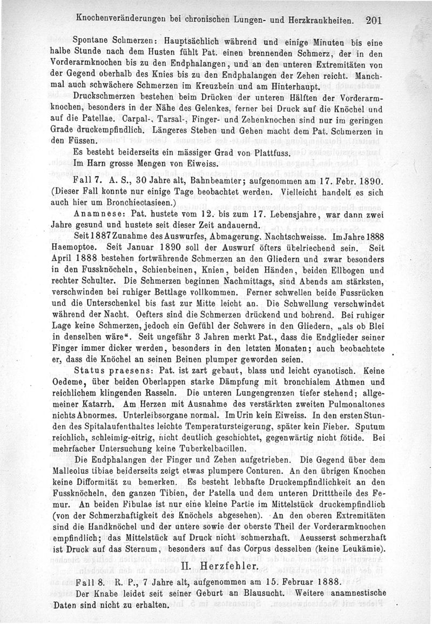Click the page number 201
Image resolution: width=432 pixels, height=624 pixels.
tap(374, 21)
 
